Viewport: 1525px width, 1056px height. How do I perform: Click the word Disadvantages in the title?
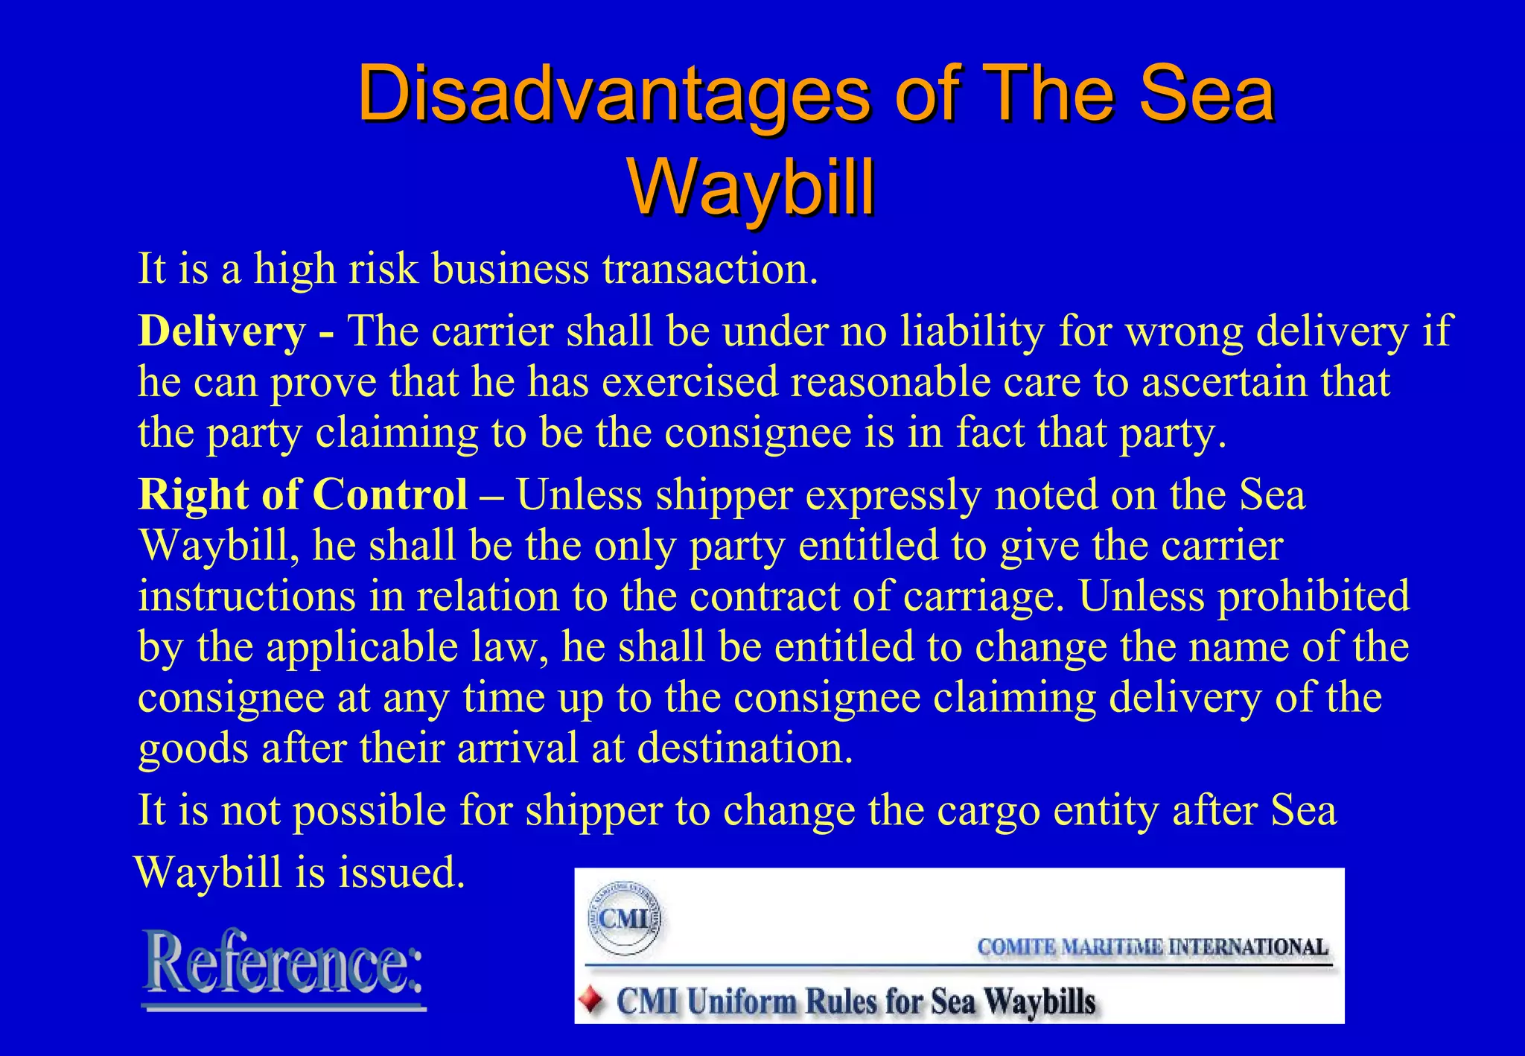coord(613,95)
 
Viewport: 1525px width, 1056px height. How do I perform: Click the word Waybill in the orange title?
coord(752,188)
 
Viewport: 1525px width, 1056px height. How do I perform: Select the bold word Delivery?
coord(222,331)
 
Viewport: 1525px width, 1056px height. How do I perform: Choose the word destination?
coord(745,748)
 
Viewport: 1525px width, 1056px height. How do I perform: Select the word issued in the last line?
coord(402,873)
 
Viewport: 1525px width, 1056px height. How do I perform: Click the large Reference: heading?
coord(284,965)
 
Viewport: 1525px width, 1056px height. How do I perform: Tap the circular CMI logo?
coord(624,919)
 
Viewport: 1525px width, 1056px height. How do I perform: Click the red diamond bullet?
coord(592,1000)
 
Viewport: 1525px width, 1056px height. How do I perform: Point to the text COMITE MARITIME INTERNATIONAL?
coord(1152,947)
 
